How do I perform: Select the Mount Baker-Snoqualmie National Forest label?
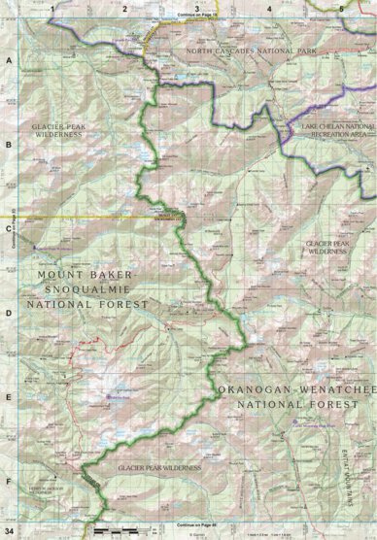tap(93, 289)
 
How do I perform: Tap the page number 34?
tap(9, 531)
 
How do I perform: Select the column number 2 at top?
tap(124, 7)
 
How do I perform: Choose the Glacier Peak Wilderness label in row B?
tap(60, 132)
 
